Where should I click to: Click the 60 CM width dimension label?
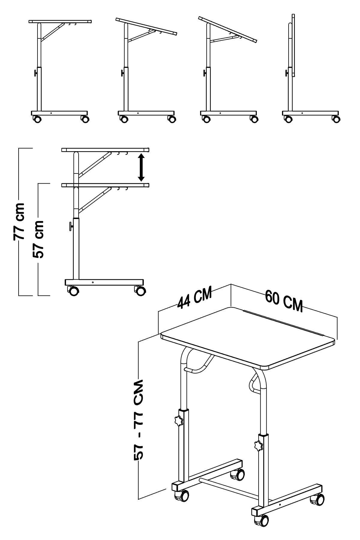click(x=283, y=301)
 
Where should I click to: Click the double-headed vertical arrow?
click(x=141, y=167)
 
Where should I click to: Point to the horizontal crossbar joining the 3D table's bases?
click(x=234, y=484)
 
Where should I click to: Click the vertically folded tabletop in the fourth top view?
click(x=293, y=45)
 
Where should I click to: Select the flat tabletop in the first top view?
click(x=60, y=22)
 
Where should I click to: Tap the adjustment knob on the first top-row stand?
click(x=36, y=73)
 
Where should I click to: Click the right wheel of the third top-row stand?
click(x=254, y=119)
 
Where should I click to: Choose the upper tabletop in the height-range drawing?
click(x=105, y=150)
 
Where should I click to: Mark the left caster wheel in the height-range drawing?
click(x=73, y=291)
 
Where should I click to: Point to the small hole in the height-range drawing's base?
click(x=93, y=282)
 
